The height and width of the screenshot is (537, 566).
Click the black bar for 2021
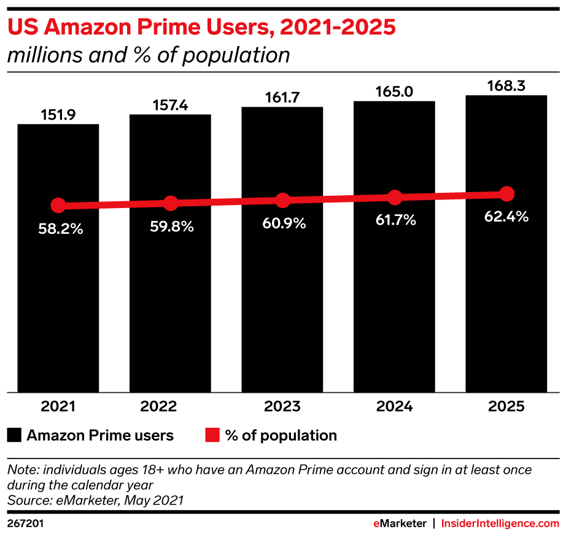coord(58,258)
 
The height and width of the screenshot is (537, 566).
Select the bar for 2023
coord(282,249)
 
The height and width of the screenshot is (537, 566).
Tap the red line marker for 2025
coord(507,194)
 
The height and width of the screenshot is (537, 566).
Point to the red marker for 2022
coord(171,203)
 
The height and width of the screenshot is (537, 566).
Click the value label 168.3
coord(506,86)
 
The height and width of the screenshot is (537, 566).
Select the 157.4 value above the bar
coord(170,106)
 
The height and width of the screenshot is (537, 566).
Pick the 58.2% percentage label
coord(61,229)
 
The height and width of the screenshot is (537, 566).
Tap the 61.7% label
coord(395,220)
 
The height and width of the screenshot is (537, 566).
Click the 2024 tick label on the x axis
coord(394,406)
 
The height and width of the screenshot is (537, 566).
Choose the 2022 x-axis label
coord(158,406)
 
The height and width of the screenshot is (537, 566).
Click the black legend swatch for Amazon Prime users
coord(14,435)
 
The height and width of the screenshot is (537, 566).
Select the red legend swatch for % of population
coord(212,435)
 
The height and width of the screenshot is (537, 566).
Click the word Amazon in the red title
coord(87,27)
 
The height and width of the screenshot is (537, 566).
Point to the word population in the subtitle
coord(236,55)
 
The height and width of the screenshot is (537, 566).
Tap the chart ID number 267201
coord(25,523)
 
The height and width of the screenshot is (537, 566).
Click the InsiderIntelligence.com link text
coord(500,523)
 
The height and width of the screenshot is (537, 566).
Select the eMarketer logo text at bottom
coord(400,523)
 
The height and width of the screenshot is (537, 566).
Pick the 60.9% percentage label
coord(284,223)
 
